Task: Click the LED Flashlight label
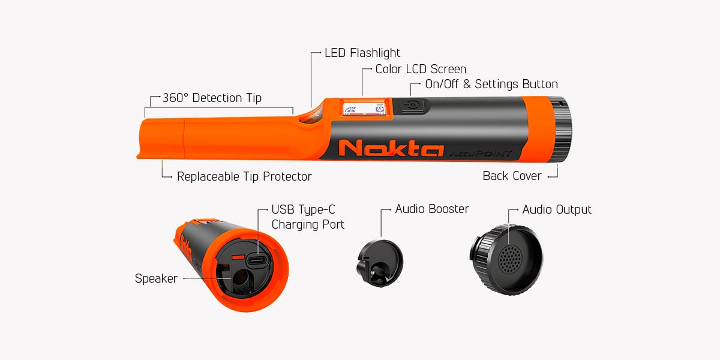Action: [x=362, y=53]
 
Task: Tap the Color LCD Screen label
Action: [x=421, y=69]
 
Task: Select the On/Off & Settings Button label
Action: [x=491, y=84]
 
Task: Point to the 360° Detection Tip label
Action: [x=212, y=98]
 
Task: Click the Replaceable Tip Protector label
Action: [x=244, y=176]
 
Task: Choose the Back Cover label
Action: [x=512, y=176]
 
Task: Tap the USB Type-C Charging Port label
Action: [x=308, y=217]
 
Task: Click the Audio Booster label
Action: [x=432, y=209]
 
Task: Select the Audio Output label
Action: [x=557, y=209]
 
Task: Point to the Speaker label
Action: [x=156, y=278]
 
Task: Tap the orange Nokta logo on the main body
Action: [x=391, y=148]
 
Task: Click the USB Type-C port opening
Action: [x=258, y=260]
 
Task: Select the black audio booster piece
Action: [x=380, y=263]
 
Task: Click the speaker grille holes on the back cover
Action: [x=511, y=259]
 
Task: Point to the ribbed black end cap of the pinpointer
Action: [x=560, y=129]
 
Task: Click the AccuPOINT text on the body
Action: [x=480, y=154]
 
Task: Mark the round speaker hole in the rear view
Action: [x=240, y=277]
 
